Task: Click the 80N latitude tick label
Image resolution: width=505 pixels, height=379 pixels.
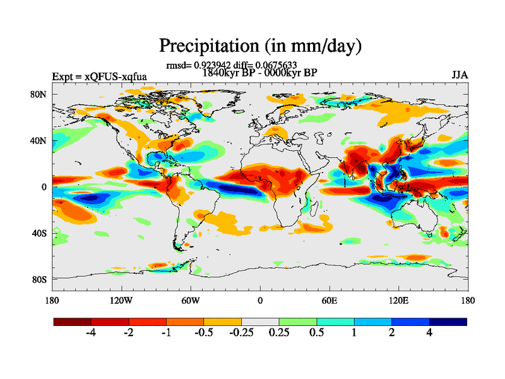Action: (x=40, y=94)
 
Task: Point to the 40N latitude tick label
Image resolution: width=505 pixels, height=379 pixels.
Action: (x=40, y=140)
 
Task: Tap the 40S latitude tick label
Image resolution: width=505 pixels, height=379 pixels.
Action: (x=40, y=233)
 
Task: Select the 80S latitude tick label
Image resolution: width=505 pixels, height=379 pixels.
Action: (x=40, y=279)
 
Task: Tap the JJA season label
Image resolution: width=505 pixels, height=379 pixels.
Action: (x=460, y=76)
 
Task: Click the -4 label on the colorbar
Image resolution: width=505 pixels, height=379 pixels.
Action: (x=91, y=334)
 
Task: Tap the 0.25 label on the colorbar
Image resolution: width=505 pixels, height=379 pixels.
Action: (x=279, y=334)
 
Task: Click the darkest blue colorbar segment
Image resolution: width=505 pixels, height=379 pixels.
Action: (x=448, y=322)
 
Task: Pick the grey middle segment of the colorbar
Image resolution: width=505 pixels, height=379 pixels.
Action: (x=260, y=322)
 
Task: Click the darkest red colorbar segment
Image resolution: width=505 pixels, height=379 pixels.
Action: (x=73, y=322)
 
